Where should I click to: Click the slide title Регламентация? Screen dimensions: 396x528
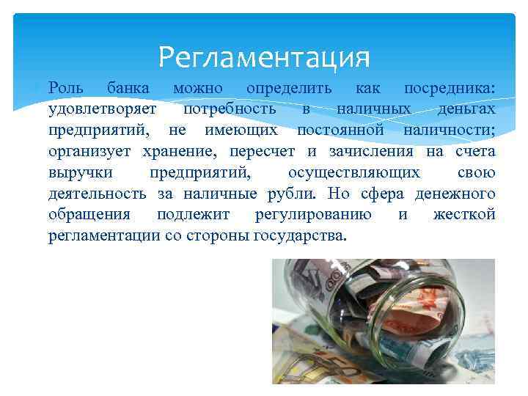coord(264,56)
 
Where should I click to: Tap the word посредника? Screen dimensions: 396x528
coord(449,88)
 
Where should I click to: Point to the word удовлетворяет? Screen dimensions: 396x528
coord(103,109)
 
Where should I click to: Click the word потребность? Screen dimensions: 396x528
coord(230,109)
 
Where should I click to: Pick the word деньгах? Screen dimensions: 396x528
coord(466,109)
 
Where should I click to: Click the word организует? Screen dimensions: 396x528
coord(89,152)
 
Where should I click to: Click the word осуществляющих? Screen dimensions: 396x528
coord(354,173)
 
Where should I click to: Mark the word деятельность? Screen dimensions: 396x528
coord(99,194)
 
